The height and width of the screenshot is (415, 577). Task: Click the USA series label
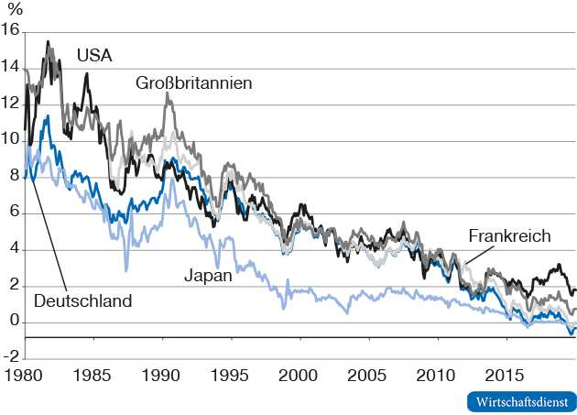tap(94, 56)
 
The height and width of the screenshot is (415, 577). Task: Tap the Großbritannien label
tap(194, 83)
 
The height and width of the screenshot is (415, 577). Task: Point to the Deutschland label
tap(83, 300)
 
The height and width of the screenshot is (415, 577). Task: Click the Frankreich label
tap(509, 236)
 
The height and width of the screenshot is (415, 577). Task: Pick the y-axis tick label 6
tap(14, 213)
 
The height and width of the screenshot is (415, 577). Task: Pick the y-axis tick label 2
tap(14, 286)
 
